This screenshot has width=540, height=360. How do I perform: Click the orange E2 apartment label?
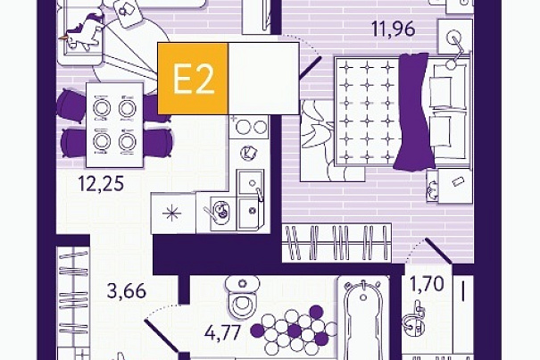click(x=193, y=79)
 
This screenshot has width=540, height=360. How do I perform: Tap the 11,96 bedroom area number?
click(x=394, y=29)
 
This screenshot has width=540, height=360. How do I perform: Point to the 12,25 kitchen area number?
click(x=101, y=183)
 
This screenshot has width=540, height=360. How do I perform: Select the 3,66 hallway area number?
click(x=127, y=291)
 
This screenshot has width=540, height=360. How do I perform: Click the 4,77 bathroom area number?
click(x=222, y=333)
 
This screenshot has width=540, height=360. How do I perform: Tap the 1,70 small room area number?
click(x=427, y=284)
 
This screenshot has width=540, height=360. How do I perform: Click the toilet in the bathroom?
click(x=243, y=297)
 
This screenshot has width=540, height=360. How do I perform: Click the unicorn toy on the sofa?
click(x=82, y=32)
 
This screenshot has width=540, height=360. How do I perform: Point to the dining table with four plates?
click(x=114, y=125)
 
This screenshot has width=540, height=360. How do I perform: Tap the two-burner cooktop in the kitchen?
click(x=249, y=127)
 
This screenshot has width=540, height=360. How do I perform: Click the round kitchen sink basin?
click(x=220, y=211)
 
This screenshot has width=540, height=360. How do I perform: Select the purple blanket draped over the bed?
click(x=413, y=111)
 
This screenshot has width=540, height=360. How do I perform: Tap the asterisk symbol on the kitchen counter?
click(x=171, y=213)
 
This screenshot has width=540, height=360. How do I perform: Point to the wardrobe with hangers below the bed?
click(x=336, y=243)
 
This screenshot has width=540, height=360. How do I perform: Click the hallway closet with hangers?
click(x=73, y=297)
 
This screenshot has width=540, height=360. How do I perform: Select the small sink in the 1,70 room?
click(x=413, y=320)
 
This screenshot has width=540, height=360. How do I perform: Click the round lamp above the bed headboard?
click(x=453, y=38)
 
